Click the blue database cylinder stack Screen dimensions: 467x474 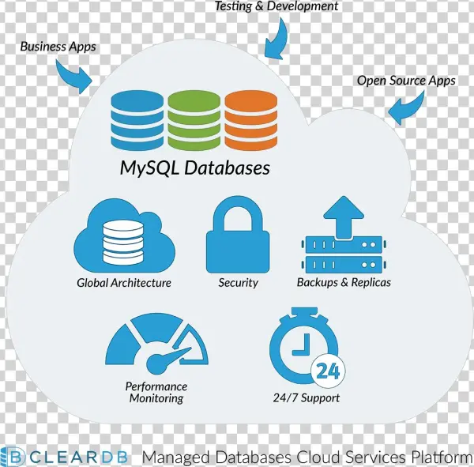tap(138, 120)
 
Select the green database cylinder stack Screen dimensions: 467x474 tap(194, 120)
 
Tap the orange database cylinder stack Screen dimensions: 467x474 tap(250, 120)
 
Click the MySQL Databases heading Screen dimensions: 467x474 tap(194, 168)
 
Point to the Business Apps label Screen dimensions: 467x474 tap(58, 47)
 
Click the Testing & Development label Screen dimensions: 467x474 tap(276, 6)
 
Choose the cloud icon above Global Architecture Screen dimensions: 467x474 tap(123, 236)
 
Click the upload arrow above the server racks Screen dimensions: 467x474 tap(344, 216)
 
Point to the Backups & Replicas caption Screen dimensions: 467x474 tap(344, 282)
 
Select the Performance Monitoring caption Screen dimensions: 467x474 tap(156, 392)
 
